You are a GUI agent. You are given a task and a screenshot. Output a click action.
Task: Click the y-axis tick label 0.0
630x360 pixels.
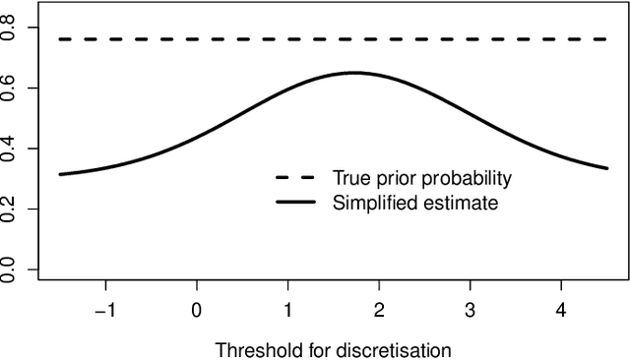[9, 269]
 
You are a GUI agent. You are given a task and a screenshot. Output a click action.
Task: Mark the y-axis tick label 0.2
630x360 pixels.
[9, 209]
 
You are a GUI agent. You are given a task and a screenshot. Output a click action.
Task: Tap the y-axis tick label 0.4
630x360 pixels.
[9, 149]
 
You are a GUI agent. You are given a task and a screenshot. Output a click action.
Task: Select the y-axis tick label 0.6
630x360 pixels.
[9, 89]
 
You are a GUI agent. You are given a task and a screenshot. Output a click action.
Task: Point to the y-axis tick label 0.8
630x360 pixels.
[9, 29]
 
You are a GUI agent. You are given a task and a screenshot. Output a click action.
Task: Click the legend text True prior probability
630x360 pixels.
[422, 179]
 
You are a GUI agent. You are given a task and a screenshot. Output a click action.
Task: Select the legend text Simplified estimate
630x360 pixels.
[415, 204]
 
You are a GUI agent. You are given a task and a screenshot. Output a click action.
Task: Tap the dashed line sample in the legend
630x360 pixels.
[294, 179]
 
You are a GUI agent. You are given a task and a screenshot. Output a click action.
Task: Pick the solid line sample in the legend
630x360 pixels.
[294, 204]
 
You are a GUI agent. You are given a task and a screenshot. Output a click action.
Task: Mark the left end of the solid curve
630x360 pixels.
[60, 174]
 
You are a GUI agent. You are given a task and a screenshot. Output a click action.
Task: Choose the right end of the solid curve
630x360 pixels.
[606, 168]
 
